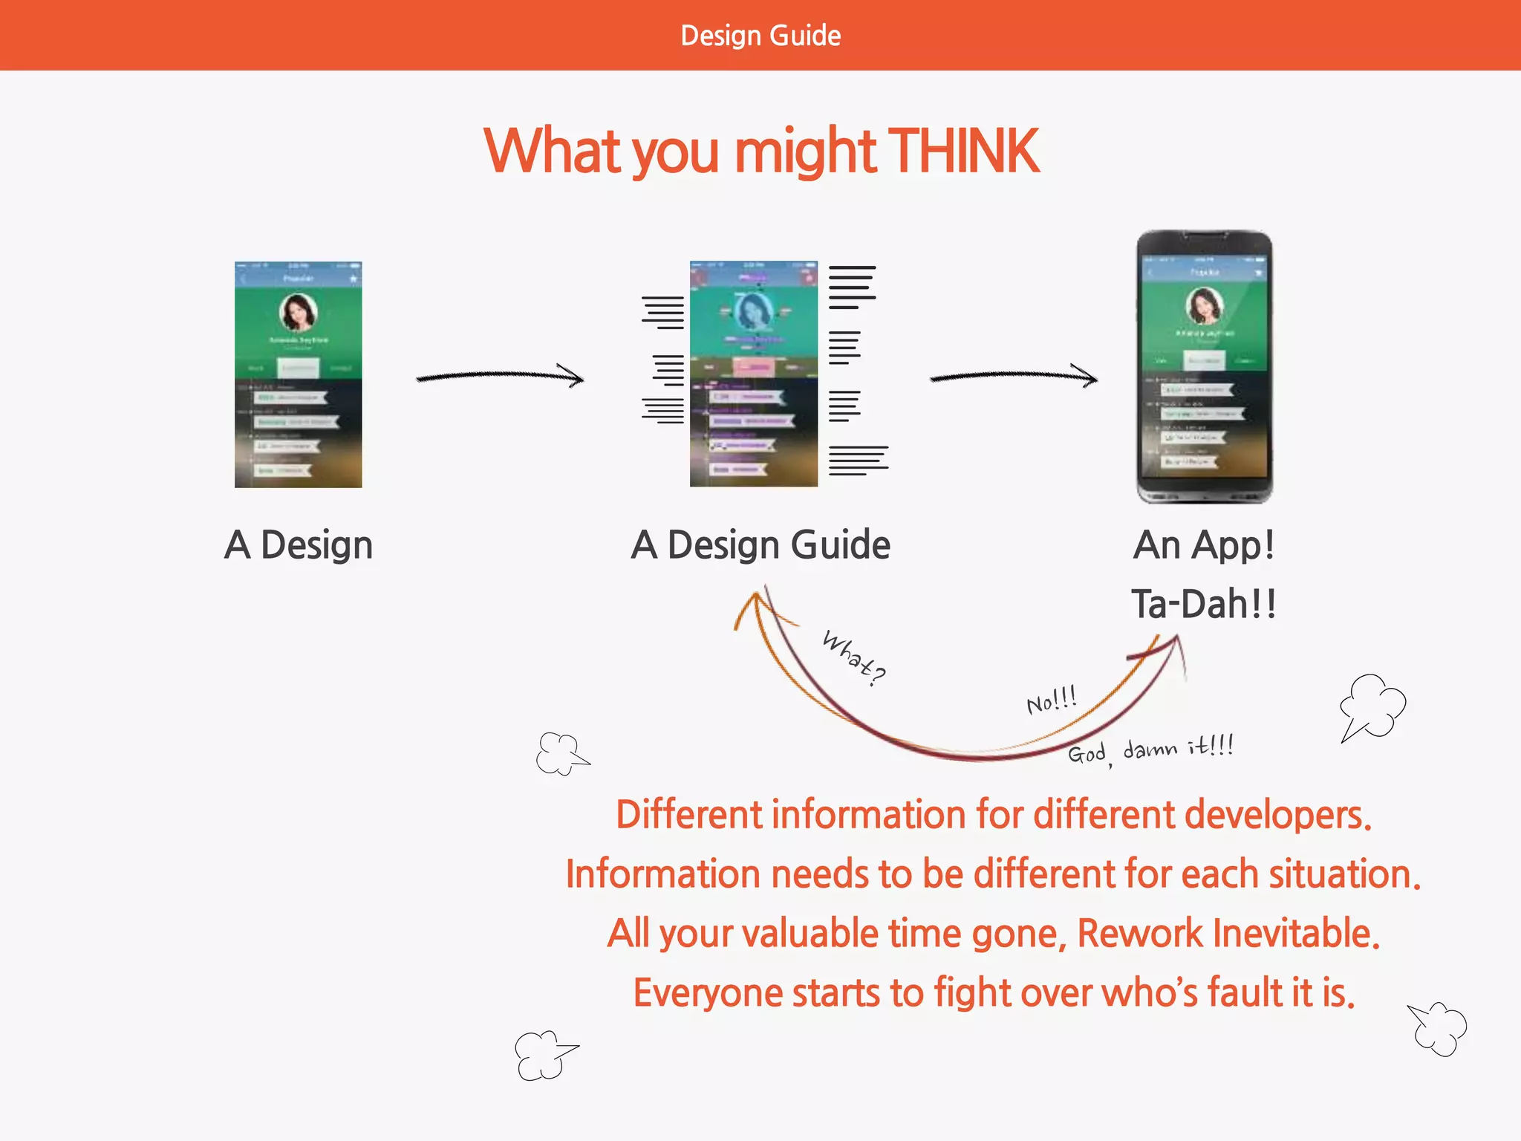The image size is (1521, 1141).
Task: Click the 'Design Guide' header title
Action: point(760,36)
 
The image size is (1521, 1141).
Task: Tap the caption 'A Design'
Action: point(299,545)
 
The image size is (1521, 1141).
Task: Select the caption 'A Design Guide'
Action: point(760,545)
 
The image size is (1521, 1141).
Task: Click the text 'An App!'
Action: point(1203,545)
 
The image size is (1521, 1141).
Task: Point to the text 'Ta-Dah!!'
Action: point(1203,603)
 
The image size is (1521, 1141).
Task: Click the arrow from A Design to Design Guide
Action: point(499,376)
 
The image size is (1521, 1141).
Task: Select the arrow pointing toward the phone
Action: point(1013,376)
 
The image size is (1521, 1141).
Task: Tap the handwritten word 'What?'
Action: point(854,657)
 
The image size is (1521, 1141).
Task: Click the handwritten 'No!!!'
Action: point(1051,700)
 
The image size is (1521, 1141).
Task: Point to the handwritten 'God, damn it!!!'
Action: point(1150,750)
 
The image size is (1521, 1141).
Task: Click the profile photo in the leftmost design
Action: point(298,312)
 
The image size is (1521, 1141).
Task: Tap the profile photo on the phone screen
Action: point(1204,305)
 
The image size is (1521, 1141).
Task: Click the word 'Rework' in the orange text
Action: point(1139,933)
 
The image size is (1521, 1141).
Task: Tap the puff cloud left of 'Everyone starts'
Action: point(544,1054)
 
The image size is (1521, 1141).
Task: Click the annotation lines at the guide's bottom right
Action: point(858,460)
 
